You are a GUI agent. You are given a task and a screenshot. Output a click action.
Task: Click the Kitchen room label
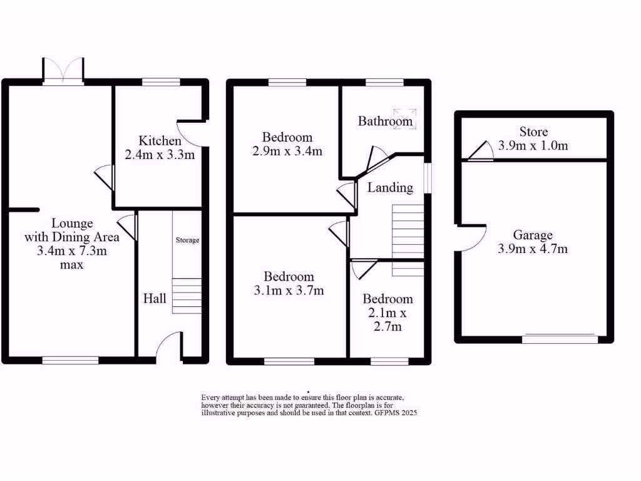[160, 140]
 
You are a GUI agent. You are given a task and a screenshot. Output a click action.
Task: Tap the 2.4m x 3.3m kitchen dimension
[160, 154]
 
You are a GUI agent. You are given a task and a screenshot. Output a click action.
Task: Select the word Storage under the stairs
[187, 240]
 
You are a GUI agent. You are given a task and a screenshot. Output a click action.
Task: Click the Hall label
[155, 298]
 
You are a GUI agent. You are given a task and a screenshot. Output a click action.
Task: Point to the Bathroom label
[385, 121]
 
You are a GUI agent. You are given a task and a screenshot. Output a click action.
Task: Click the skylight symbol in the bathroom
[410, 116]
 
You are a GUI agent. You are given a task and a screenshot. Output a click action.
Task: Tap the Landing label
[390, 187]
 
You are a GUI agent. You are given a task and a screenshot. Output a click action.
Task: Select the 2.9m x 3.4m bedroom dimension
[287, 151]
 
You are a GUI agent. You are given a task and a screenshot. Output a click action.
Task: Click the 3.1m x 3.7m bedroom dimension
[289, 291]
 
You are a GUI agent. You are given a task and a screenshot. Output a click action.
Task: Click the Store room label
[533, 132]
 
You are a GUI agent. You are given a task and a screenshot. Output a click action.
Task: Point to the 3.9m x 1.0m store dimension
[533, 146]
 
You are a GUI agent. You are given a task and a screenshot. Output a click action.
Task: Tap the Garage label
[533, 235]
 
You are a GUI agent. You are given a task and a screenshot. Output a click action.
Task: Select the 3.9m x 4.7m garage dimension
[533, 249]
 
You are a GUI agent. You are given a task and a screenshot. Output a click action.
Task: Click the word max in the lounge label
[72, 264]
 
